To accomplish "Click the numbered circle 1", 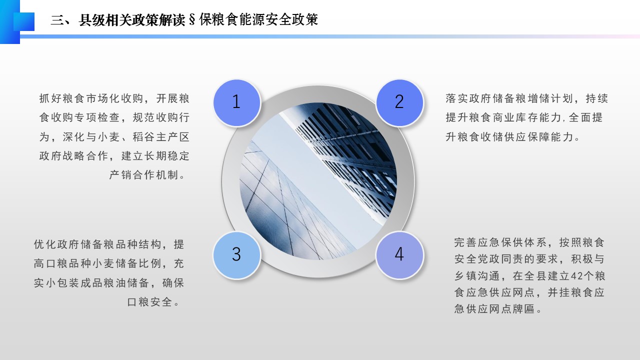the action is pyautogui.click(x=237, y=103).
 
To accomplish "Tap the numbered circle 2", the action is pyautogui.click(x=399, y=103).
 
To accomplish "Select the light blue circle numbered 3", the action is pyautogui.click(x=237, y=255).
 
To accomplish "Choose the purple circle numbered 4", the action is pyautogui.click(x=399, y=255).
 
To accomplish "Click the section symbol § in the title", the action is pyautogui.click(x=192, y=19).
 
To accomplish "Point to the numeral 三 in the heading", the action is pyautogui.click(x=57, y=20).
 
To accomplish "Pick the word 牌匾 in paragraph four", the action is pyautogui.click(x=523, y=309).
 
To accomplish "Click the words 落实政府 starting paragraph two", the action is pyautogui.click(x=468, y=98).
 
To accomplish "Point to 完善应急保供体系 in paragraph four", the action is pyautogui.click(x=500, y=242).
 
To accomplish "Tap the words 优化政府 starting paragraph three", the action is pyautogui.click(x=56, y=244).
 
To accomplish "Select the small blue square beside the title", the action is pyautogui.click(x=24, y=21).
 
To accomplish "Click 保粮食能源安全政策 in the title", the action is pyautogui.click(x=258, y=19).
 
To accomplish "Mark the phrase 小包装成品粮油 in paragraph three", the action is pyautogui.click(x=86, y=283).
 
